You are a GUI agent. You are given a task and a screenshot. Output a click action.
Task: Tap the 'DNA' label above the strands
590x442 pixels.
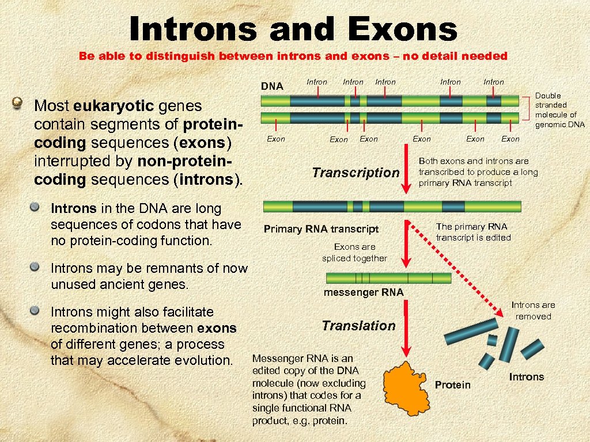point(272,87)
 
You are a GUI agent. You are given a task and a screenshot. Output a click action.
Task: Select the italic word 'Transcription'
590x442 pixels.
point(355,173)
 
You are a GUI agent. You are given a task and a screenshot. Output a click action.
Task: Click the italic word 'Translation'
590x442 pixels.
point(358,326)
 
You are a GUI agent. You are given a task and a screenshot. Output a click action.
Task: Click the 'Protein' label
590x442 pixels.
point(452,384)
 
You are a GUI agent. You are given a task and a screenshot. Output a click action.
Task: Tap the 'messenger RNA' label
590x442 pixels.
point(364,292)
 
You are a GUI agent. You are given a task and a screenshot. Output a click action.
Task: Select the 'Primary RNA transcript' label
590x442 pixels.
point(321,229)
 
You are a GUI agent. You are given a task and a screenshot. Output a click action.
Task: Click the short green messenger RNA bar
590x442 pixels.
point(388,279)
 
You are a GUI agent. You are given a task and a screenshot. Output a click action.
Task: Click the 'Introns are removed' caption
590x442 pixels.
point(533,311)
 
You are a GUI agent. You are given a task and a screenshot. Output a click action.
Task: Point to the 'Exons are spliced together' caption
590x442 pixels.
point(354,253)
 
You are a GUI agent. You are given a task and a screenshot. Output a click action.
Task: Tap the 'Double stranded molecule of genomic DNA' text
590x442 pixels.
point(559,110)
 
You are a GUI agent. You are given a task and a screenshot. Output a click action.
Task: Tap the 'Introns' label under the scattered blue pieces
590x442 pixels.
point(526,377)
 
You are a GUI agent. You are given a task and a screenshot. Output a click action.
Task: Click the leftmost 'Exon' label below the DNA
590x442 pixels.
point(276,139)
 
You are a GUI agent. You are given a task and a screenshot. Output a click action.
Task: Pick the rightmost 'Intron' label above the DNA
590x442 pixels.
point(493,82)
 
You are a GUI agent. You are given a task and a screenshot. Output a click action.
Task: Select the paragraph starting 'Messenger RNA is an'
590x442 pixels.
point(309,390)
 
